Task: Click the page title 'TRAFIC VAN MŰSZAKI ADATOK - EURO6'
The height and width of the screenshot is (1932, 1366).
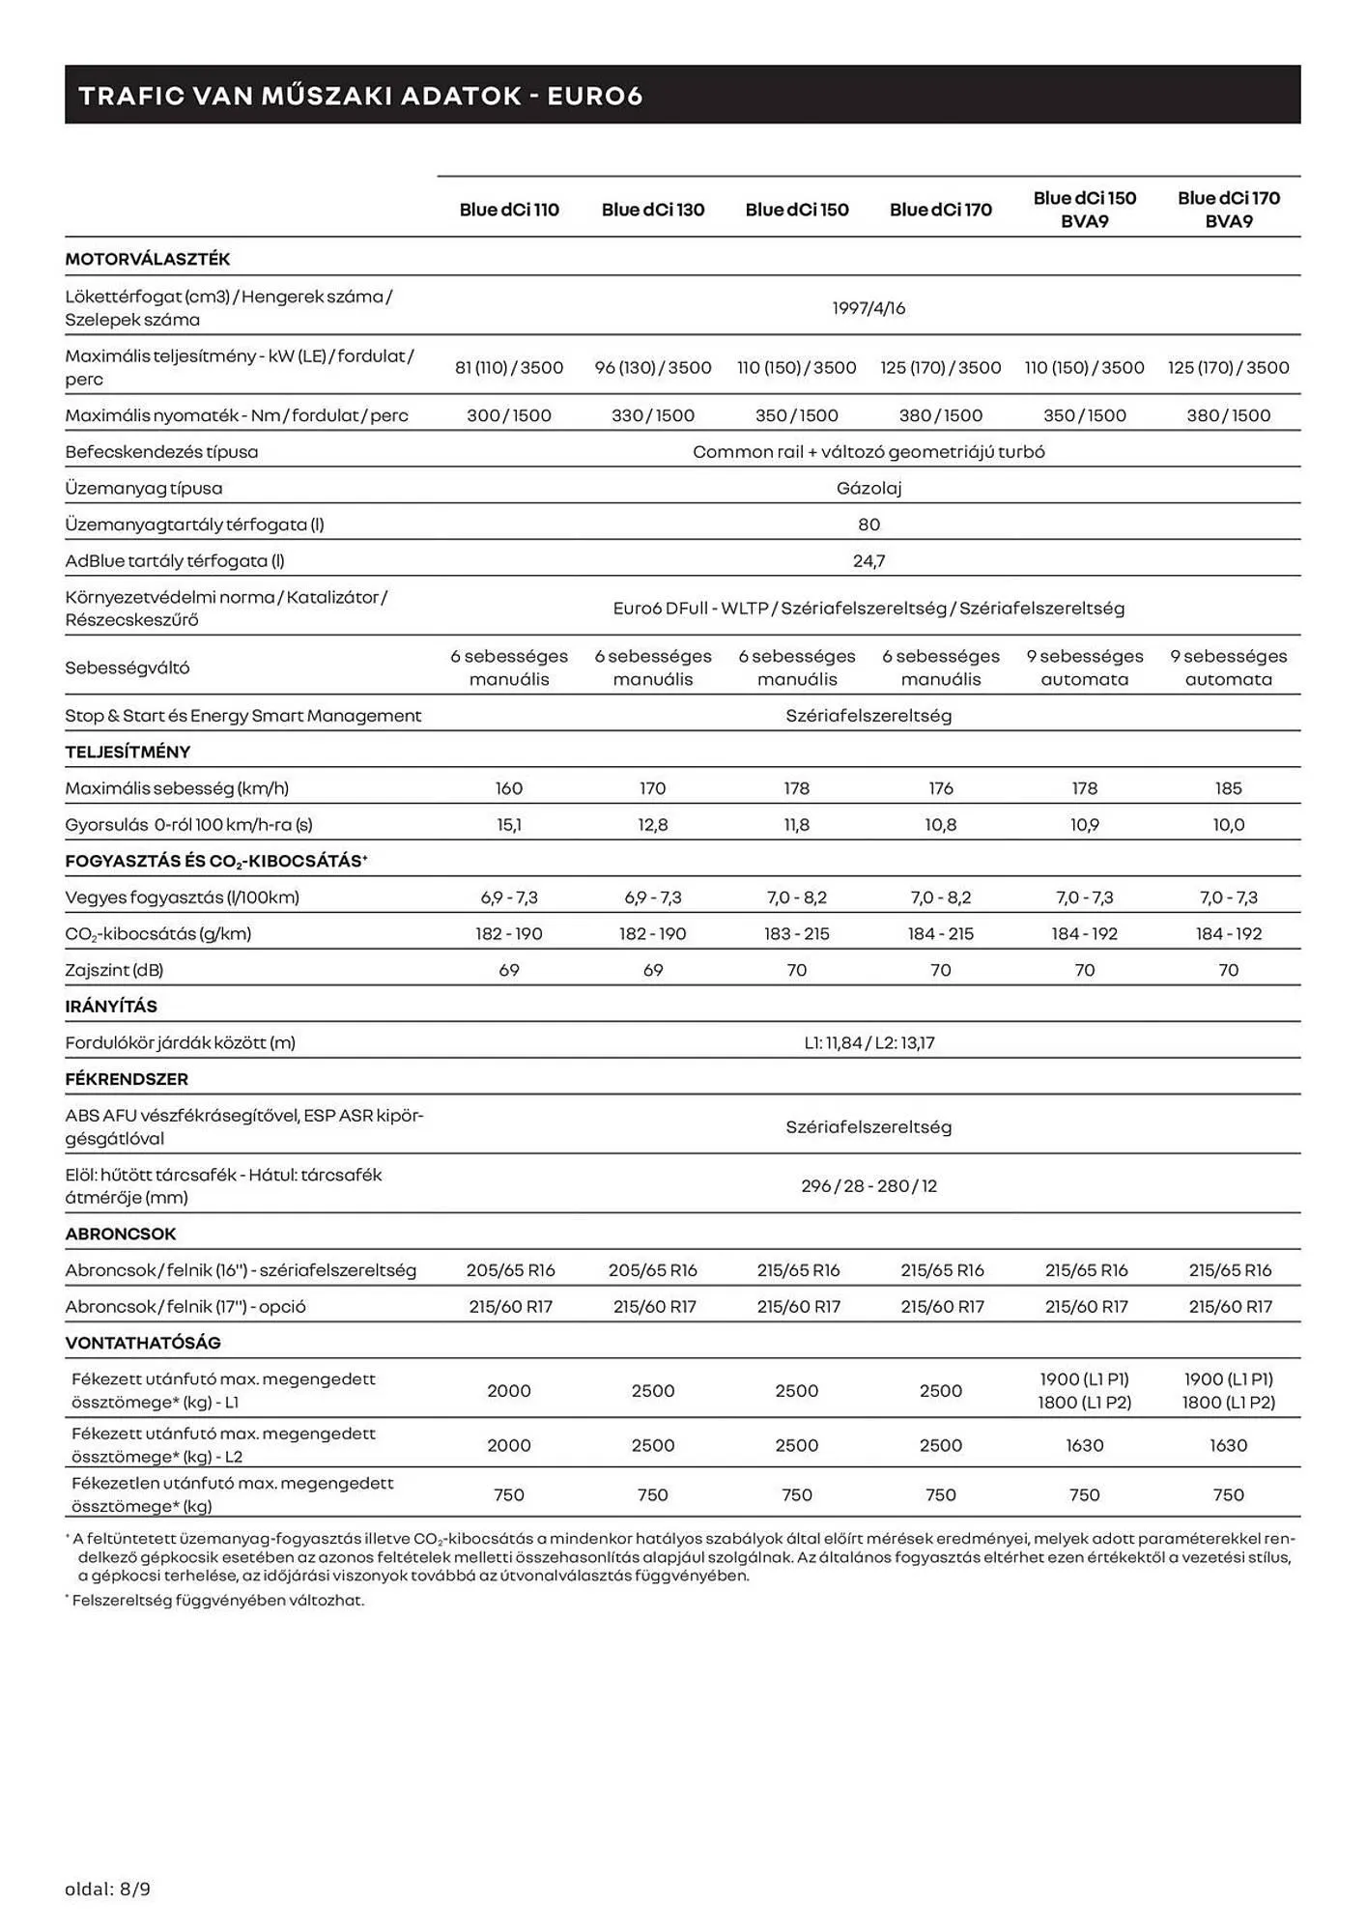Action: click(x=360, y=96)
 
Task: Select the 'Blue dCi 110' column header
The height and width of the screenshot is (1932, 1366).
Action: click(x=509, y=210)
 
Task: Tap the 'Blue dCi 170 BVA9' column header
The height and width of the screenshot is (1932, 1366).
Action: click(x=1228, y=210)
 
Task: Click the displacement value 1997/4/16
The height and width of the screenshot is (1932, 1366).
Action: click(x=868, y=308)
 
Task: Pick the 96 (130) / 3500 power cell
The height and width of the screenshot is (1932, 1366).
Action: click(x=653, y=368)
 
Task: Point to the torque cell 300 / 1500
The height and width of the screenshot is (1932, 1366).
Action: click(x=509, y=415)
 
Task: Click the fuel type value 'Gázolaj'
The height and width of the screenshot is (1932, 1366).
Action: click(x=868, y=489)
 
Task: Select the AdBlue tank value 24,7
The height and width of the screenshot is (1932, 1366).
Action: click(x=868, y=561)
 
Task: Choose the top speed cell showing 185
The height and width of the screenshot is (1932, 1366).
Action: click(x=1228, y=788)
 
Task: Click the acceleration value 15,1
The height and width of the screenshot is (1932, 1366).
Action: click(x=509, y=825)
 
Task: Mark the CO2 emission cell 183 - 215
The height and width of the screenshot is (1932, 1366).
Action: click(x=797, y=934)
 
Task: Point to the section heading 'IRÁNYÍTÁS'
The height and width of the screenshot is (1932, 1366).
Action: click(x=111, y=1007)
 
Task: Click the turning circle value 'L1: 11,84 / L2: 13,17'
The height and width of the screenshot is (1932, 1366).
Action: click(x=868, y=1043)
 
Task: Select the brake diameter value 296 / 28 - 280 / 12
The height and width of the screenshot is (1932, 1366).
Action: click(x=868, y=1186)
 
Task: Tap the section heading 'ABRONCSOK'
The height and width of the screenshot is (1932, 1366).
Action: click(x=121, y=1235)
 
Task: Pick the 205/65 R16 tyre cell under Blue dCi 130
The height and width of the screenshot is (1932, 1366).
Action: click(x=653, y=1270)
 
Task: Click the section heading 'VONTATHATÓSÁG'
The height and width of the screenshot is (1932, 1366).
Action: click(x=143, y=1343)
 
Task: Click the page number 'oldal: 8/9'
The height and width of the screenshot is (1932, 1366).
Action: click(x=108, y=1889)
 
